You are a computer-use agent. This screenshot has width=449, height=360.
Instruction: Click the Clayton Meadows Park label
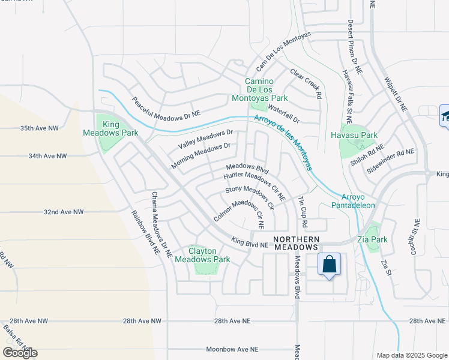click(209, 255)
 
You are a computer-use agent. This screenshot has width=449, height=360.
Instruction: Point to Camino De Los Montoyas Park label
click(266, 89)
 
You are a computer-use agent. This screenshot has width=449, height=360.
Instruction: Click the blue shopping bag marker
click(329, 265)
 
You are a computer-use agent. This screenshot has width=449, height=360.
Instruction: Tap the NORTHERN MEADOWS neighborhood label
click(295, 242)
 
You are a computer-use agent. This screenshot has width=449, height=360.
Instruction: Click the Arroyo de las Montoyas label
click(282, 143)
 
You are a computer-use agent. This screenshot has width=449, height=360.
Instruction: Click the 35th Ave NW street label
click(40, 128)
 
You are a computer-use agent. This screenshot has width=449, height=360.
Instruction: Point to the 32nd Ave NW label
click(64, 212)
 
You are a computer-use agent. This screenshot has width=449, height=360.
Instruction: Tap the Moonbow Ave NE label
click(232, 349)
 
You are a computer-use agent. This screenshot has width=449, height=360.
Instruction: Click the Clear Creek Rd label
click(306, 83)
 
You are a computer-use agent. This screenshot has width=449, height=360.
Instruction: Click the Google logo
click(20, 353)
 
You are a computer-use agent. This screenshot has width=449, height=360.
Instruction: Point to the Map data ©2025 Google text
click(412, 355)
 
